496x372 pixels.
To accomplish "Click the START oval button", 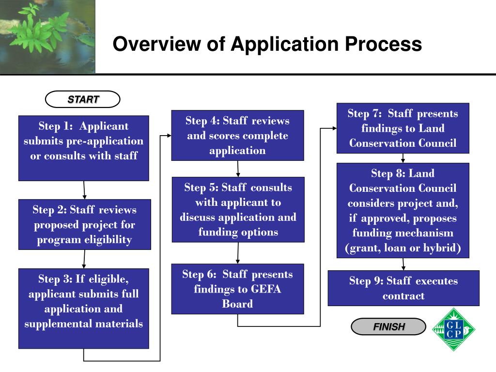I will point(83,99).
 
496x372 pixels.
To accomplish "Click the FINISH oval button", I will point(388,327).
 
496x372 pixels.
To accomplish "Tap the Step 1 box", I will point(83,148).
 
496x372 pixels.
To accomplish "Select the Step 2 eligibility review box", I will point(84,224).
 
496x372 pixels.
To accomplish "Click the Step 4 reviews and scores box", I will point(237,135).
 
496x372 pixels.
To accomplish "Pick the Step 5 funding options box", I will point(238,209).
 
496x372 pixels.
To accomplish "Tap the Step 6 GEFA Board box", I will point(237,289).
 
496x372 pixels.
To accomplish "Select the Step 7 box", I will point(403,128).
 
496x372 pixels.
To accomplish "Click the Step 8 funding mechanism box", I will point(403,210).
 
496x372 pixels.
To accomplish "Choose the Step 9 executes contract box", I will point(403,288).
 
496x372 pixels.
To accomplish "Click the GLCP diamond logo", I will point(453,329).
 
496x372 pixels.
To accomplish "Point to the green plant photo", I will point(47,36).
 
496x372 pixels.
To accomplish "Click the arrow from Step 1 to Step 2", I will point(84,190).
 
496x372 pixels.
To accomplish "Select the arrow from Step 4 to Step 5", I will point(238,169).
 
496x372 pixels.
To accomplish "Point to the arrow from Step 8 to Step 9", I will point(403,264).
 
